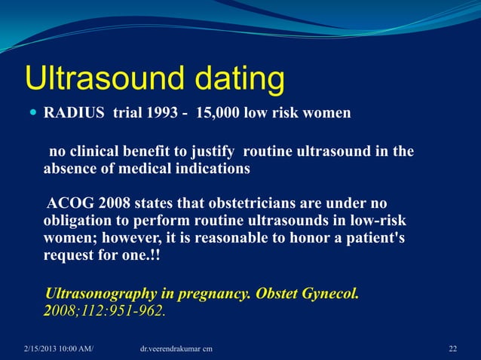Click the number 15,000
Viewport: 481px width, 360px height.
tap(219, 114)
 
